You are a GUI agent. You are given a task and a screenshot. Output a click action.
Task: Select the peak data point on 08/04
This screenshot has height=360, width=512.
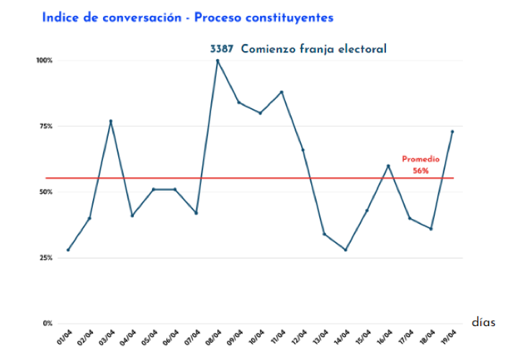[x=217, y=60]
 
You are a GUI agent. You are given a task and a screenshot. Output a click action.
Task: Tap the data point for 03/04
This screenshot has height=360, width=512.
[x=111, y=121]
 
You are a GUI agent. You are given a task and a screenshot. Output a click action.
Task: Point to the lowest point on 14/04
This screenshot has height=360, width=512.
[x=346, y=250]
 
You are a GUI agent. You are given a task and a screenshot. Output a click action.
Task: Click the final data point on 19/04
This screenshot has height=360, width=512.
[x=452, y=132]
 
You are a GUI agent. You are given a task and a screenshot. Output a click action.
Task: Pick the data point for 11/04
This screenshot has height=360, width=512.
[x=282, y=92]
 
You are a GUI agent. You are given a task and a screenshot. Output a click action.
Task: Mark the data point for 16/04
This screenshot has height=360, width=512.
[x=388, y=166]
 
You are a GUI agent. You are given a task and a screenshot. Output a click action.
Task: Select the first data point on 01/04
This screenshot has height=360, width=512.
[x=68, y=250]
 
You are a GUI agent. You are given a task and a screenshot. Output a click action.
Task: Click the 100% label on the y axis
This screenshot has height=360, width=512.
[x=45, y=60]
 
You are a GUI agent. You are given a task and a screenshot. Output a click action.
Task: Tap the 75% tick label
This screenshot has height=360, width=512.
[x=46, y=127]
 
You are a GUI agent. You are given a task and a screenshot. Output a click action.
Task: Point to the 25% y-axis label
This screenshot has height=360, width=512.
[x=46, y=258]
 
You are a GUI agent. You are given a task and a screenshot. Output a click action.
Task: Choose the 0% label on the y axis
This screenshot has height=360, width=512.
[x=48, y=323]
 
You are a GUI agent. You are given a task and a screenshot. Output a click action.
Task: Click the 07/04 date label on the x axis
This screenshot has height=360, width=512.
[x=192, y=337]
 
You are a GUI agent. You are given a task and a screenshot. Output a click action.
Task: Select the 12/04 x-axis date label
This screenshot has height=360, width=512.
[x=298, y=337]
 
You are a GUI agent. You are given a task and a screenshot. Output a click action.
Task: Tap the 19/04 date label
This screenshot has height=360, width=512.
[x=447, y=337]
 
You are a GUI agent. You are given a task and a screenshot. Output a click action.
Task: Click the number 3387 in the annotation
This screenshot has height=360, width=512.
[x=221, y=49]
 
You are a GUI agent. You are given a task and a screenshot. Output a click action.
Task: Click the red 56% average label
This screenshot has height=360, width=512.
[x=421, y=171]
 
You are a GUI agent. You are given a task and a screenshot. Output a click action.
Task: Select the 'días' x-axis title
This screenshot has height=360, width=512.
[x=484, y=322]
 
